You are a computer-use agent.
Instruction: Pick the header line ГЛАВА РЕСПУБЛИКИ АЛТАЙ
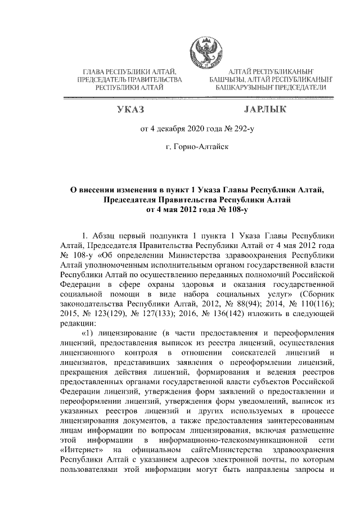click(x=130, y=72)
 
